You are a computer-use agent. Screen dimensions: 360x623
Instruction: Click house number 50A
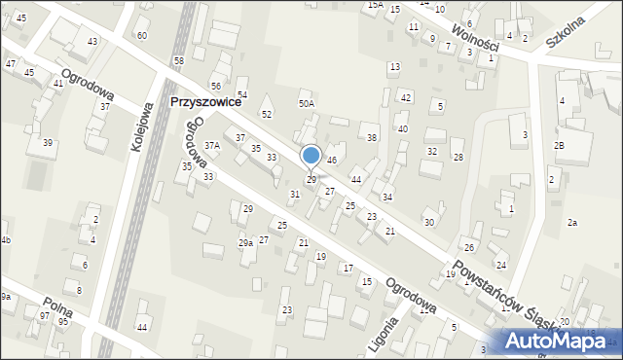[x=307, y=103]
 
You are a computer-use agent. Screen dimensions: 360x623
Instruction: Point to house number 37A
[x=211, y=145]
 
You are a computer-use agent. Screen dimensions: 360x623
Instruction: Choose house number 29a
[x=245, y=242]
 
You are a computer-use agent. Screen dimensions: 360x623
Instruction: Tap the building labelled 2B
[x=559, y=145]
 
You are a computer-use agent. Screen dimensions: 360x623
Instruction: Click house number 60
[x=142, y=36]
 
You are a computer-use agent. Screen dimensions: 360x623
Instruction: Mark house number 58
[x=178, y=61]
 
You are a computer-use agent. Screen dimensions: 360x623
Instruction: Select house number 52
[x=266, y=115]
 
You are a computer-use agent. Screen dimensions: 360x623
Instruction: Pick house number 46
[x=332, y=161]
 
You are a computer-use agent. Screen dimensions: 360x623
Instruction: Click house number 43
[x=92, y=42]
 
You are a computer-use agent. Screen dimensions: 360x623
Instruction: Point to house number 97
[x=44, y=317]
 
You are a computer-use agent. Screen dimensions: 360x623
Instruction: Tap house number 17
[x=348, y=268]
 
